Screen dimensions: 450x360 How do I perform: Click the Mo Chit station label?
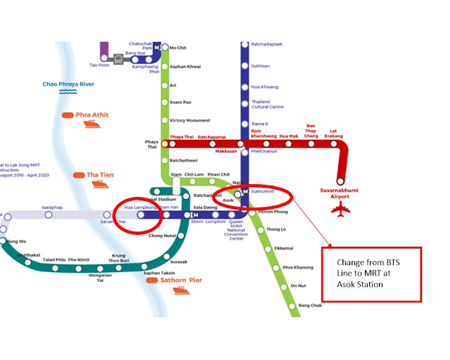tap(178, 48)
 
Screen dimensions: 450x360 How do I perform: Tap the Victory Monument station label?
tap(190, 120)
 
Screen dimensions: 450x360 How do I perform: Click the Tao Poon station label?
tap(100, 65)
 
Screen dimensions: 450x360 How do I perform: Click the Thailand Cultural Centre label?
tap(268, 103)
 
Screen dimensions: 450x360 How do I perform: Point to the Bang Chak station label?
tap(310, 305)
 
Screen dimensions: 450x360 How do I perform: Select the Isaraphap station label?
tap(53, 207)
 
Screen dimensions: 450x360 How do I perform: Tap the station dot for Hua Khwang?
tap(245, 86)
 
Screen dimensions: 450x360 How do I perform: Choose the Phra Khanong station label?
tap(297, 267)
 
